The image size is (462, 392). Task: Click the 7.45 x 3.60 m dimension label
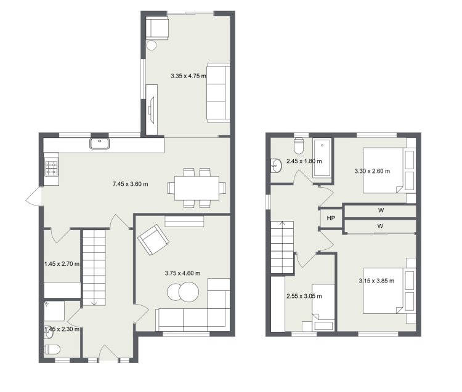click(x=130, y=184)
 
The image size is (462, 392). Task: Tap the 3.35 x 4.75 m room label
click(x=188, y=76)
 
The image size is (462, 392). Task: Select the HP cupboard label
click(x=331, y=218)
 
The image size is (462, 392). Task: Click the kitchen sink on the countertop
click(x=100, y=143)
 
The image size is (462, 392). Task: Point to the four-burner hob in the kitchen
click(x=51, y=167)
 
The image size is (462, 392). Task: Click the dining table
click(x=197, y=188)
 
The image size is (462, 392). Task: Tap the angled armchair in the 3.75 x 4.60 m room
click(x=153, y=239)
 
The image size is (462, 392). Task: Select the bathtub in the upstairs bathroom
click(x=322, y=158)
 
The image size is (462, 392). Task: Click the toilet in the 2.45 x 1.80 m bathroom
click(x=299, y=146)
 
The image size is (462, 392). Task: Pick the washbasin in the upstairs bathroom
click(x=276, y=166)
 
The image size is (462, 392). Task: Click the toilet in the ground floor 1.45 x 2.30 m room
click(x=52, y=350)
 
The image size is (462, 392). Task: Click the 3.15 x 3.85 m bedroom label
click(x=376, y=281)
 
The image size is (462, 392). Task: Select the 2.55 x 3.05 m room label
click(x=304, y=296)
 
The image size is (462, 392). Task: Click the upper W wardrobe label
click(x=381, y=210)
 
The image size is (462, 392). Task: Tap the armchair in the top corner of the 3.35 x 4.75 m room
click(x=157, y=28)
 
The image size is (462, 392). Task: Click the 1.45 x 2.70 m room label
click(x=62, y=263)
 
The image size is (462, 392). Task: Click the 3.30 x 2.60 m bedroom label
click(x=372, y=171)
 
